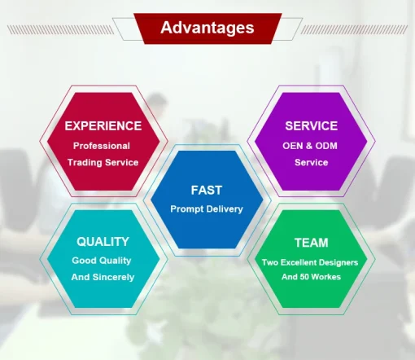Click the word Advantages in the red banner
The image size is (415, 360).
point(207,28)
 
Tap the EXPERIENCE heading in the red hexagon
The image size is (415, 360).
point(103,126)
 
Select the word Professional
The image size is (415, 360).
point(102,146)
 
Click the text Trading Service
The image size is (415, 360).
point(103,162)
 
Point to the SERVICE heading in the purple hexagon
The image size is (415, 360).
point(312,126)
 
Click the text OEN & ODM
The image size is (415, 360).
point(310,146)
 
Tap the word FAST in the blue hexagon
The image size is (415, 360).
point(207,190)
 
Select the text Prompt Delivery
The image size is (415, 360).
point(207,209)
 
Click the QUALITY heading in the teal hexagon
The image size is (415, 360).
point(103,242)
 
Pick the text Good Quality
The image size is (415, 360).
point(102,261)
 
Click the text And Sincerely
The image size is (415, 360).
point(103,277)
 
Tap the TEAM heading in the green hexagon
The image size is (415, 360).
point(312,243)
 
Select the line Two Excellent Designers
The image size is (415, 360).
point(310,262)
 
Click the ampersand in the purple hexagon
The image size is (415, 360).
point(309,146)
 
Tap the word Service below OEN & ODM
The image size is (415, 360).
point(311,162)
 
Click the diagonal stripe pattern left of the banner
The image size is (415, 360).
point(60,29)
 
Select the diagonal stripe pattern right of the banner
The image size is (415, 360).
point(354,29)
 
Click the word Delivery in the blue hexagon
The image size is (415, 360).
point(225,209)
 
